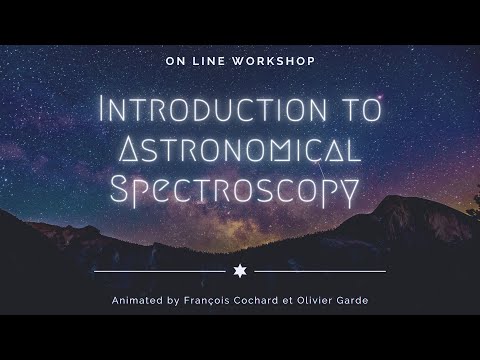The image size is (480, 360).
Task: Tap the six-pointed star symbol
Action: (x=240, y=271)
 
